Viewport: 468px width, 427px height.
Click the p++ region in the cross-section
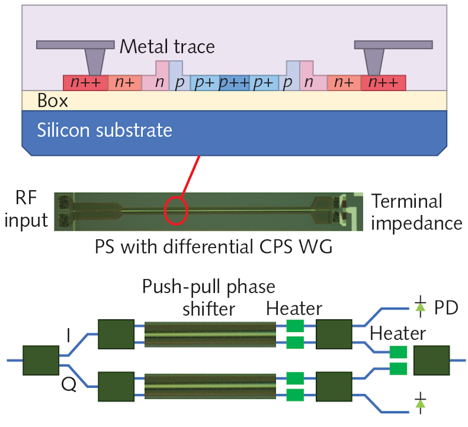[x=234, y=83]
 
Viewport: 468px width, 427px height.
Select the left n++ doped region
[x=85, y=83]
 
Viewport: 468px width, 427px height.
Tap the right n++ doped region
[x=383, y=83]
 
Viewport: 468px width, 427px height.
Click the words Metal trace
[x=167, y=47]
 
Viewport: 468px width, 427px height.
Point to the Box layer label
[x=52, y=101]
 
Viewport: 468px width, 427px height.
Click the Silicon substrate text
[x=105, y=130]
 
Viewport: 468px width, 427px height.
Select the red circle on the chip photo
[x=176, y=211]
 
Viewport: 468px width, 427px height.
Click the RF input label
[x=26, y=209]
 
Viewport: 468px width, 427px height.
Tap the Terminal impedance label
[x=416, y=212]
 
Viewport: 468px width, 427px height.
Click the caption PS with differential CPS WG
[x=214, y=247]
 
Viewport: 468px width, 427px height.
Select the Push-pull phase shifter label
[x=209, y=298]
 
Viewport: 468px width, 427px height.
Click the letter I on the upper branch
[x=69, y=335]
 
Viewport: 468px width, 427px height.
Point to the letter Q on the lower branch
[x=69, y=385]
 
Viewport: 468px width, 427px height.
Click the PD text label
[x=446, y=308]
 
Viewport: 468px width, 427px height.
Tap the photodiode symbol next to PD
[x=420, y=308]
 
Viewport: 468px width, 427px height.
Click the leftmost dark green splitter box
[x=41, y=360]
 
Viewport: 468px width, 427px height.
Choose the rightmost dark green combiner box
[x=431, y=360]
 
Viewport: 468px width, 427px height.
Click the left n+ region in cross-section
[x=125, y=83]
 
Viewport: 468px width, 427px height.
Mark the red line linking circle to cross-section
[x=191, y=175]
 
